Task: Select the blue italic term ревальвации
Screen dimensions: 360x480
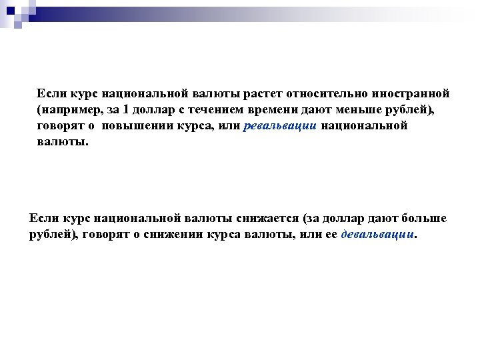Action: coord(281,126)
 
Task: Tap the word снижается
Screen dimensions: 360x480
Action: coord(267,219)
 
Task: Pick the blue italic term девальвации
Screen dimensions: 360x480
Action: coord(377,235)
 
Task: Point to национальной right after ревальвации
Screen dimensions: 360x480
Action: coord(363,126)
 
